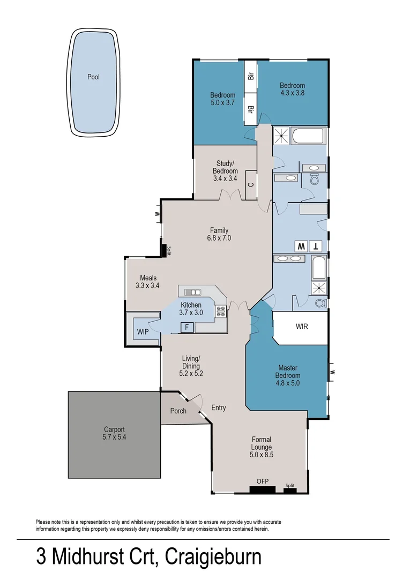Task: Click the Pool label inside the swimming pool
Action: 93,77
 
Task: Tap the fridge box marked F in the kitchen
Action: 187,327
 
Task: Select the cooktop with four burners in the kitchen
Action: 220,311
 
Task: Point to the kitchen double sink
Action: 192,292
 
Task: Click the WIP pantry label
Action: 143,332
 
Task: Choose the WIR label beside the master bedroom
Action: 302,326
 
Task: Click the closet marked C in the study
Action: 251,185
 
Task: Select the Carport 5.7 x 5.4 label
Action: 114,433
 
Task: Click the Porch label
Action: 178,411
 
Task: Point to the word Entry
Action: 218,408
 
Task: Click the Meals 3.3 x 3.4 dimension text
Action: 147,286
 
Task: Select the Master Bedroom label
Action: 288,372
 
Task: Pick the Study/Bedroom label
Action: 227,167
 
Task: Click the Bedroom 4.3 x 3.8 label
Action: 292,89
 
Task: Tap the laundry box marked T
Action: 316,247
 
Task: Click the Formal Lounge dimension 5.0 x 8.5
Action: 262,455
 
